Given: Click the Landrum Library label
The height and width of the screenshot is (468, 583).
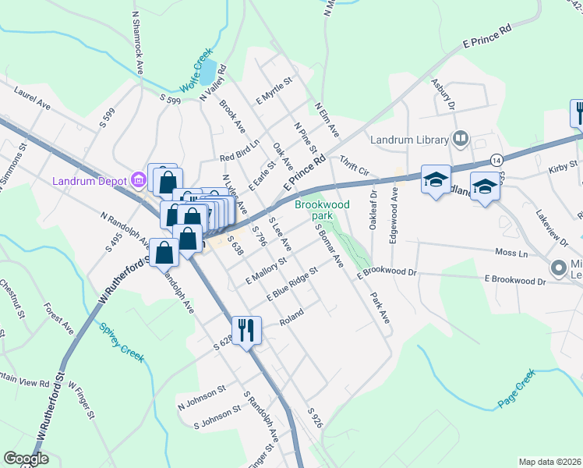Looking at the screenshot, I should coord(408,140).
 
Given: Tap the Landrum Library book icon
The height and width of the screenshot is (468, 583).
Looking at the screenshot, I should coord(461,140).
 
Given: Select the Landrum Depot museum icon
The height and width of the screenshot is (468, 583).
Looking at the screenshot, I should coord(139,180).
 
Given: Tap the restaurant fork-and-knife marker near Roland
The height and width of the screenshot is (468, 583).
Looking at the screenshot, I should coord(246,330).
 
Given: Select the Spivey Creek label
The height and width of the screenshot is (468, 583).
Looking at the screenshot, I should coord(122,342).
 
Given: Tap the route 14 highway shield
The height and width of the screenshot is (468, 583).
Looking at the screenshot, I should coord(496,160).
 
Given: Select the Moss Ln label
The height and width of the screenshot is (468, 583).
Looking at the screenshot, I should coord(512,253).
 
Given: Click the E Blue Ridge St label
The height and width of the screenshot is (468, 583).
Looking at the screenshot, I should coord(292,285).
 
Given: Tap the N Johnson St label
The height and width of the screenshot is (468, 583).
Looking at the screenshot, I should coord(201,397).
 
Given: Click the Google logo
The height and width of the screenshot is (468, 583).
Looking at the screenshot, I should coord(26,459).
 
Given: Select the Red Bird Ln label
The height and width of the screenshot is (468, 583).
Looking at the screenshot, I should coord(217,156).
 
